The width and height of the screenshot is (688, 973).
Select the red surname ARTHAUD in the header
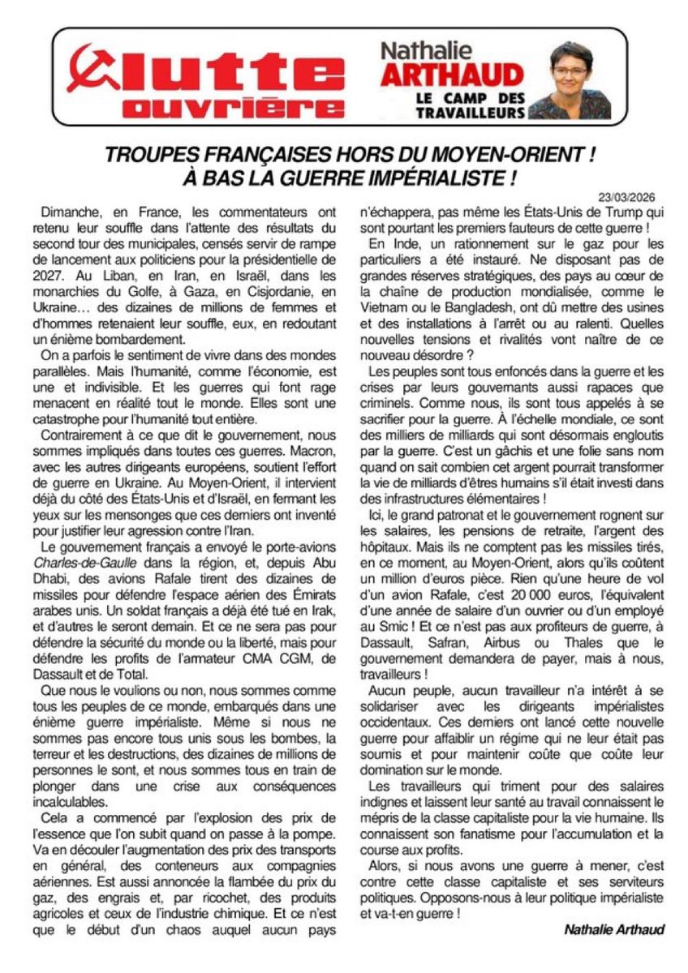tap(451, 76)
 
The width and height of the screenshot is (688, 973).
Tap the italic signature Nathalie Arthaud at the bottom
tap(614, 930)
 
